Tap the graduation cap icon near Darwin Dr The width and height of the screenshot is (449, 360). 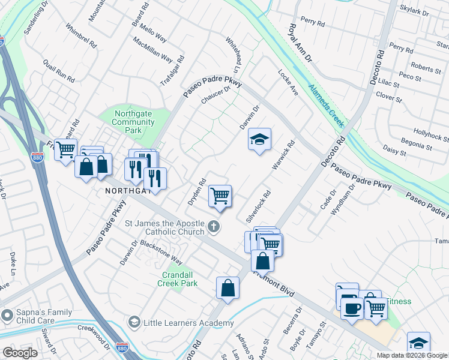[259, 140]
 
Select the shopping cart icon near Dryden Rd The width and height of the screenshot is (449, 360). [220, 195]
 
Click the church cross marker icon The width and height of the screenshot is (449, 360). [214, 227]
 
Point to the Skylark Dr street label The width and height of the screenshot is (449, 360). [415, 13]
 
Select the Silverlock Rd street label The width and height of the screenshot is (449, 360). [255, 206]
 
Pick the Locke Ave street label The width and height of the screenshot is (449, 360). [288, 82]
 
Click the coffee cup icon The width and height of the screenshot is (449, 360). [352, 308]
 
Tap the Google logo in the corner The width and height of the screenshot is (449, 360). [19, 353]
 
